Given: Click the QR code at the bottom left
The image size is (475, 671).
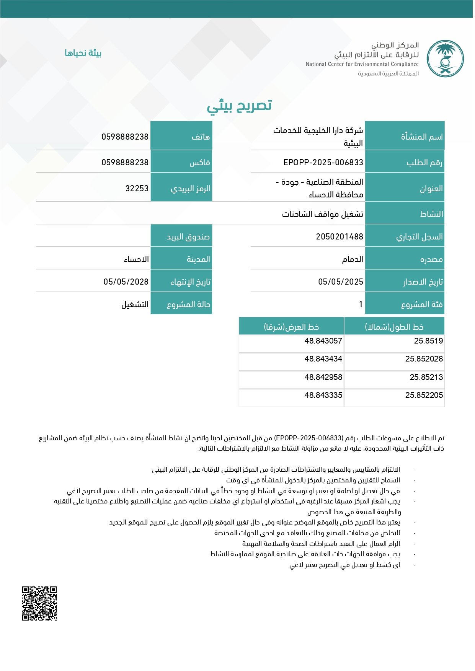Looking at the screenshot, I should point(39,603).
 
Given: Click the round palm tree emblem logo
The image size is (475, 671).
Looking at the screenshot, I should point(445,59).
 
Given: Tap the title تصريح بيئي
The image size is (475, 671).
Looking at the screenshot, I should point(239,106).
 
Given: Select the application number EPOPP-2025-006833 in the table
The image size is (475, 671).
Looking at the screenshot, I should point(323,163).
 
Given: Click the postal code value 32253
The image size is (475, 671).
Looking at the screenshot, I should point(137,188).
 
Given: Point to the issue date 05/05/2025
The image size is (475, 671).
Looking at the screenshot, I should point(340,282).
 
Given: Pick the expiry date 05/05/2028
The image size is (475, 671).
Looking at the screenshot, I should point(126,282).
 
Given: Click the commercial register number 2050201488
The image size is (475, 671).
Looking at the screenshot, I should point(339,237).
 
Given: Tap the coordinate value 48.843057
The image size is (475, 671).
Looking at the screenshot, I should point(323,341).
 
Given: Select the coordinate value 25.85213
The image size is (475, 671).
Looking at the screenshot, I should point(426,377).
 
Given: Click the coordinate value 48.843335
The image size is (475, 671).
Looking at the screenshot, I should point(323,395).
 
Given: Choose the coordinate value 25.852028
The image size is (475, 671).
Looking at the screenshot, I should point(424,359).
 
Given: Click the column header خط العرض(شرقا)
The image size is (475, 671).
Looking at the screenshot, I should point(291,327).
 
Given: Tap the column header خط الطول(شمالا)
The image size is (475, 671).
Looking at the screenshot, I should point(394,327).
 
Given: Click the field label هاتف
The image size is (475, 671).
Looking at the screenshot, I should point(201,137).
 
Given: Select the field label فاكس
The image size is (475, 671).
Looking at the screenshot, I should point(200,163).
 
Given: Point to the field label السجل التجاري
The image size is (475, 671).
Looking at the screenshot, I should point(419,237).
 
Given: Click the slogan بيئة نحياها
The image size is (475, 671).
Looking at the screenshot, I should point(83,53).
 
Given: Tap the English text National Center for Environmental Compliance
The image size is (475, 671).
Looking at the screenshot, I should point(362,64).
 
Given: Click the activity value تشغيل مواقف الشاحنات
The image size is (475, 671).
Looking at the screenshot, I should point(322,214).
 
